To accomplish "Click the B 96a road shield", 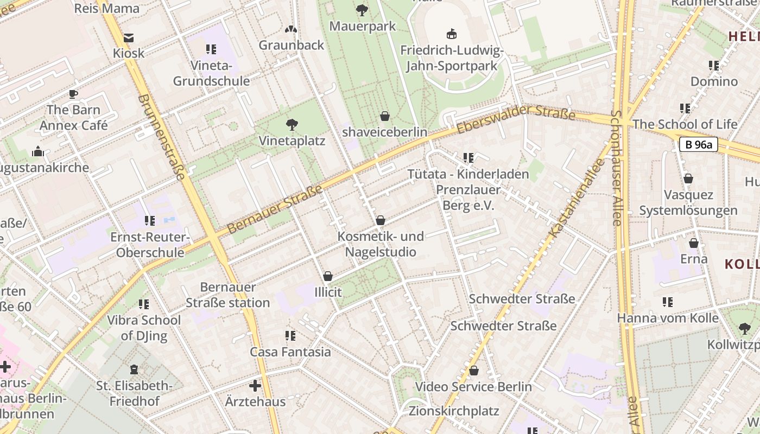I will point(698,144).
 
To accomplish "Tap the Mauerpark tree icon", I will point(362,10).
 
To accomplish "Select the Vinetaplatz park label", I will point(292,141).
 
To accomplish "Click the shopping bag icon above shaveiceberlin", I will point(384,116).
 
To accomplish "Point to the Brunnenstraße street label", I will point(162,137).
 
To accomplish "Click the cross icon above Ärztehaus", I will point(255,386).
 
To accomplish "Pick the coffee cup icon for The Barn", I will point(73,94).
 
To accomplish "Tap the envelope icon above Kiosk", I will point(129,38).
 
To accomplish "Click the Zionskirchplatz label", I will point(454,411).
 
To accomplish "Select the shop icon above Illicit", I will point(327,277).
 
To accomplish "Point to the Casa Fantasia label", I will point(290,352).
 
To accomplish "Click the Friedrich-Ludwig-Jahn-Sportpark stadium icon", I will point(451,34).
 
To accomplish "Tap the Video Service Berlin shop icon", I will point(474,371).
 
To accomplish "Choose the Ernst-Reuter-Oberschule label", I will point(150,245).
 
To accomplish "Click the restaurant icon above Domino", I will point(714,66).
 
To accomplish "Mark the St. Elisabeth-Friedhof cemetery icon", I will point(134,370).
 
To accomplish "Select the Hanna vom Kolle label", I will point(668,318).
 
